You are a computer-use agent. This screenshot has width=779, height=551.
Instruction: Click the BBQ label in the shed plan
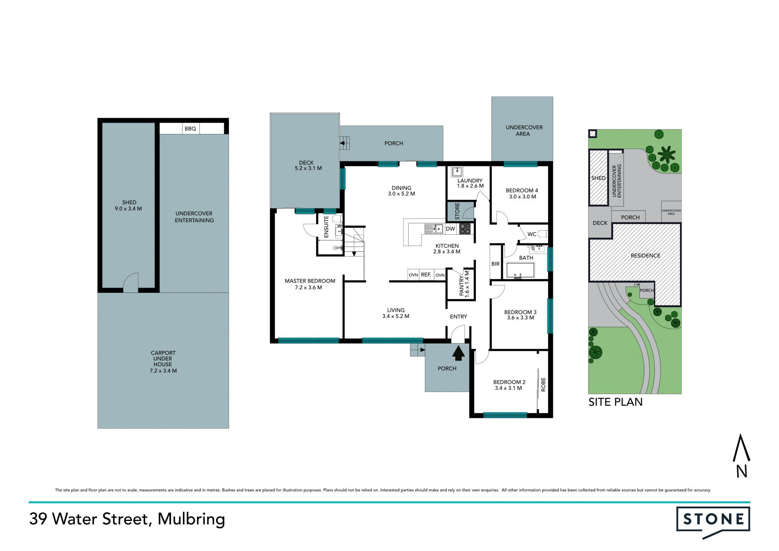tap(190, 129)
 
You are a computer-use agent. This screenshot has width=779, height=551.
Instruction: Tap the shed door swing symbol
tap(131, 283)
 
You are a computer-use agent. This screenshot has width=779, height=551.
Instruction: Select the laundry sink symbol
tap(457, 171)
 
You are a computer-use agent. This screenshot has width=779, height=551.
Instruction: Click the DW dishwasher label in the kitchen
tap(450, 229)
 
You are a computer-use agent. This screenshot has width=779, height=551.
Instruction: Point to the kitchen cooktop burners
tap(465, 229)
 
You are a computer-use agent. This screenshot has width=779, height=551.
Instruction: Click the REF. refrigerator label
tap(426, 275)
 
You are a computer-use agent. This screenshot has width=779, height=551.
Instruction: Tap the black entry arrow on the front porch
tap(458, 353)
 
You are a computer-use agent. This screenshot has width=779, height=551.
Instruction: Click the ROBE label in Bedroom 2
tap(543, 385)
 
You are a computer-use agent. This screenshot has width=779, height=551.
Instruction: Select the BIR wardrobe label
tap(495, 264)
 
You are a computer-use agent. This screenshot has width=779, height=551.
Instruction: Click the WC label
tap(532, 234)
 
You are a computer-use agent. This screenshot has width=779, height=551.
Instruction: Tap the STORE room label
tap(457, 211)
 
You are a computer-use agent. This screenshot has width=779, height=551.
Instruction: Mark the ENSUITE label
tap(326, 227)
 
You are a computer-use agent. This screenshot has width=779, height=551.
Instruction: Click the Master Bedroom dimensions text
tap(309, 287)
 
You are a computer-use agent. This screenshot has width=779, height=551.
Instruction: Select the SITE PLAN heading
tap(615, 402)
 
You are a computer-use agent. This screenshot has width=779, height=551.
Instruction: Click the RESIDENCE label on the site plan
tap(646, 255)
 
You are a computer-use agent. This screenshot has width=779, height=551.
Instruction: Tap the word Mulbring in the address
tap(191, 519)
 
